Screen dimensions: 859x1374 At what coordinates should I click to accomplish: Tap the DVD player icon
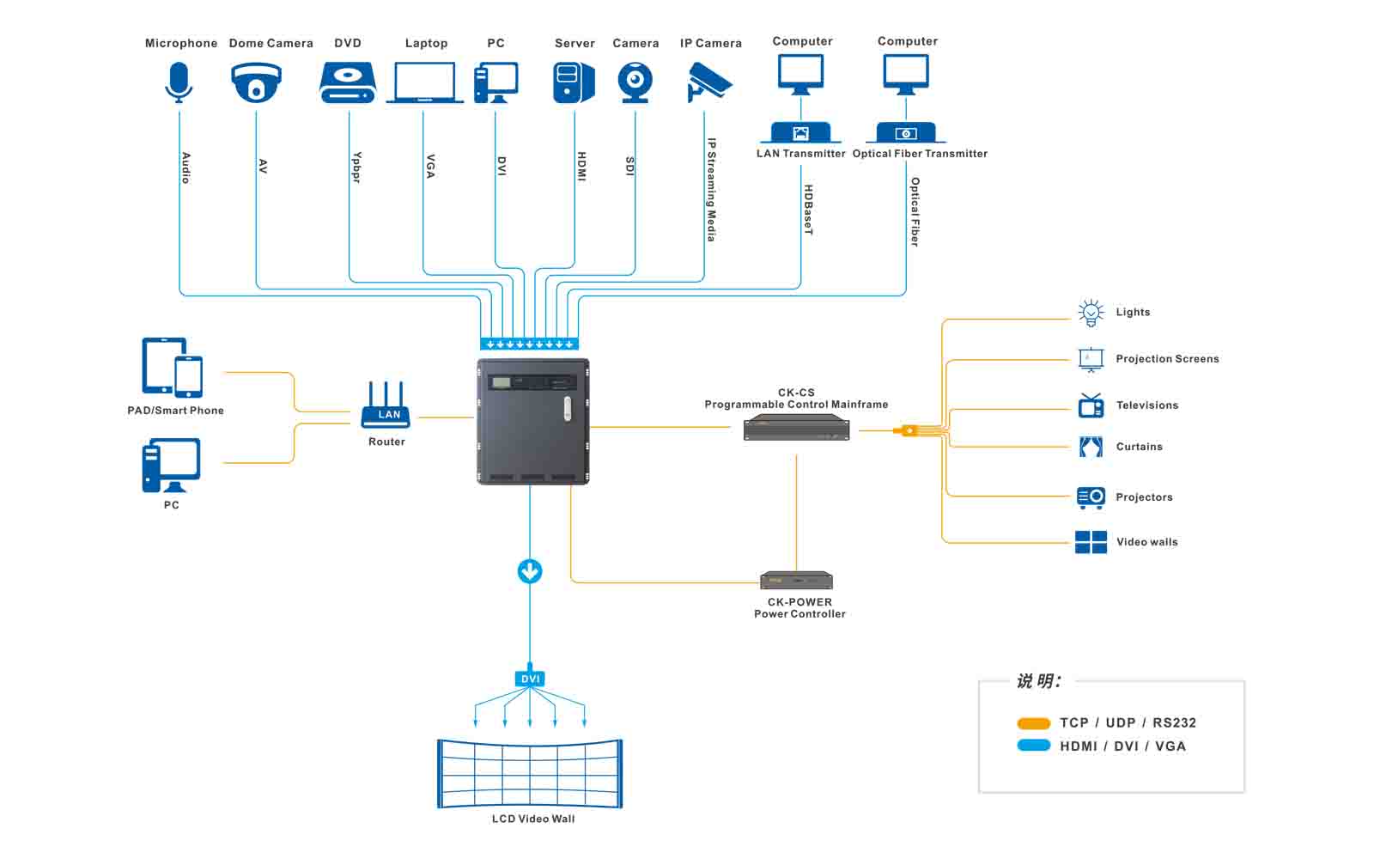tap(347, 83)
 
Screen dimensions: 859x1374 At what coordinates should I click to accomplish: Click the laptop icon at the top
tap(424, 83)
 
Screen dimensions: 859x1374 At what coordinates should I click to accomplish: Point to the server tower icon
tap(573, 83)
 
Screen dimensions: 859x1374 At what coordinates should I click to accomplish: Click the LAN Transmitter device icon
tap(800, 133)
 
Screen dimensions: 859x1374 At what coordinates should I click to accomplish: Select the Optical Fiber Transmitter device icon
tap(907, 133)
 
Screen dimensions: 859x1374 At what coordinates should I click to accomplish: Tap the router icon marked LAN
tap(386, 405)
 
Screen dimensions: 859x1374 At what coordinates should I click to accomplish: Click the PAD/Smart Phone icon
tap(173, 367)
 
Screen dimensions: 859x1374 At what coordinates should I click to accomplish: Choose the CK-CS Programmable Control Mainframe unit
tap(796, 427)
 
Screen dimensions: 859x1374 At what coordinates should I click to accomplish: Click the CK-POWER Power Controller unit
tap(796, 580)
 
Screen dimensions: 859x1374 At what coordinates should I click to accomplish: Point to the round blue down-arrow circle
tap(530, 571)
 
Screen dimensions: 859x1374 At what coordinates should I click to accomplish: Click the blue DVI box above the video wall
tap(530, 679)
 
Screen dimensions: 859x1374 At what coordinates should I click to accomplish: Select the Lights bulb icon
tap(1091, 313)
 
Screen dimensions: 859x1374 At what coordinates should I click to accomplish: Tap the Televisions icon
tap(1091, 405)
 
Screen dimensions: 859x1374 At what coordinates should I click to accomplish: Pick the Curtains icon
tap(1091, 447)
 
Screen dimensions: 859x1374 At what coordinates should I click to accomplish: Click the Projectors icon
tap(1091, 497)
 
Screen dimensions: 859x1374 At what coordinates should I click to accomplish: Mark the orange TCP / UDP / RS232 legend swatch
tap(1033, 723)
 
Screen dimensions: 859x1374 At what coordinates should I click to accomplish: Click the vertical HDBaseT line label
tap(808, 210)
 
